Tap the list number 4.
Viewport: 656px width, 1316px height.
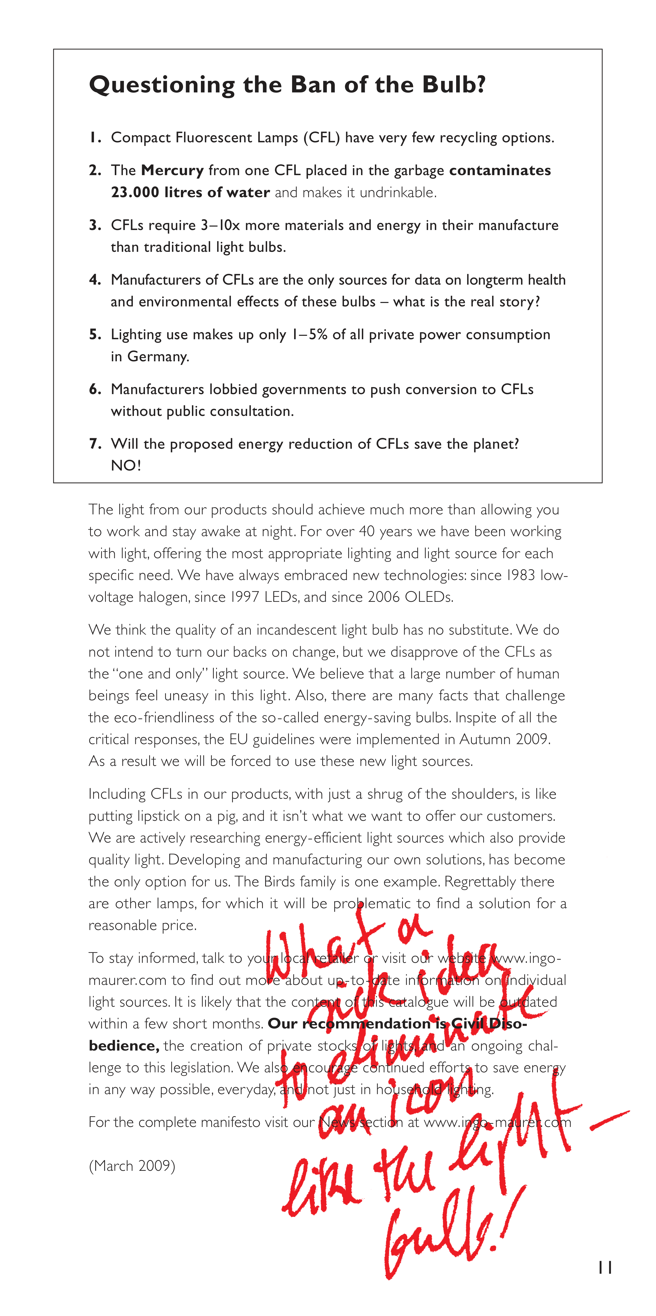point(95,280)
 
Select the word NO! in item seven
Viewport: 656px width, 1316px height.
point(126,465)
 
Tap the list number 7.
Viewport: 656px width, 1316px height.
point(95,444)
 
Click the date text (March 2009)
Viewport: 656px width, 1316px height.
point(132,1166)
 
